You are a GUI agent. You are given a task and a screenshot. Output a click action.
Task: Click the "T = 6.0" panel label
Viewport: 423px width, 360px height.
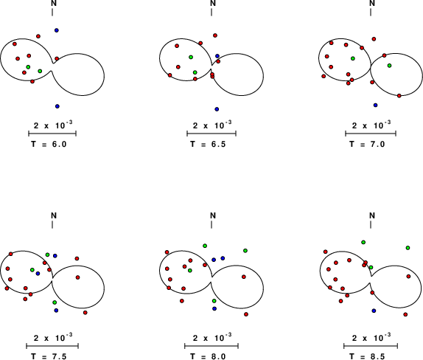pos(49,144)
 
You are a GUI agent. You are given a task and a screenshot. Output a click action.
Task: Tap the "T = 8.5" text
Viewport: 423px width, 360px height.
pos(367,356)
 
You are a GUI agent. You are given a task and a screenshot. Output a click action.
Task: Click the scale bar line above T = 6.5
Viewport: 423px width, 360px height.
pos(212,134)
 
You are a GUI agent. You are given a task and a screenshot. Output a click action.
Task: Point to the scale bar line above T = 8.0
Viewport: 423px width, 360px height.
pos(212,346)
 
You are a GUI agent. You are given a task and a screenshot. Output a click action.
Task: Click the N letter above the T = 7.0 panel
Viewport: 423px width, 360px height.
pos(372,3)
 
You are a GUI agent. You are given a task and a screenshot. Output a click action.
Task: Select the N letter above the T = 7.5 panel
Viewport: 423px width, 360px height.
pos(54,215)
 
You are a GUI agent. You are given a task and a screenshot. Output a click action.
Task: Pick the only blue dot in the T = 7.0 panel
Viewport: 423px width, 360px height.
pos(376,105)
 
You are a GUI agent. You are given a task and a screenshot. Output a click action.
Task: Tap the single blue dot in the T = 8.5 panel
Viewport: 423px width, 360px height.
pos(374,311)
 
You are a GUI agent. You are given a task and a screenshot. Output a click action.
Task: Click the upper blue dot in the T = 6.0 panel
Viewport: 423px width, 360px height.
pos(57,30)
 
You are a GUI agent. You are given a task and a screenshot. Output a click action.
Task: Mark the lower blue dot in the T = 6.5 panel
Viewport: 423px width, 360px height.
pos(217,109)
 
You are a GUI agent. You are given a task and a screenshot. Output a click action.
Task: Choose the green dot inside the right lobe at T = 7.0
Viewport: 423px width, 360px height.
pos(389,66)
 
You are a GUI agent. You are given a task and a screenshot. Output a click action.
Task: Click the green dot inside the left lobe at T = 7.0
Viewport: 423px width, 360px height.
pos(353,58)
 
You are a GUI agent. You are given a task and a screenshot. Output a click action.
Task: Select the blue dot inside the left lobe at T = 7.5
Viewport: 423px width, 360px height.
pos(38,274)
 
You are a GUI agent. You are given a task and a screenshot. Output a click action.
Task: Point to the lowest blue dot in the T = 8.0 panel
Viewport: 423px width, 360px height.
pos(214,308)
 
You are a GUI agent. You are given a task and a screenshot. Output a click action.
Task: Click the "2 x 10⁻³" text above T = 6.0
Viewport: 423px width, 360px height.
pos(53,125)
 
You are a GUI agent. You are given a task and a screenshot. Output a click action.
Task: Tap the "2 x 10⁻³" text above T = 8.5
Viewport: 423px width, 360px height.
pos(371,338)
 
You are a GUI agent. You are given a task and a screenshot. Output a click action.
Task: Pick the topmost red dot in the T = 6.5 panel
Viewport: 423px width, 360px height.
pos(215,35)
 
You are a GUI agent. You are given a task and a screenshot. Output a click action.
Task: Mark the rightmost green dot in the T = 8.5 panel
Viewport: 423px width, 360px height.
pos(408,248)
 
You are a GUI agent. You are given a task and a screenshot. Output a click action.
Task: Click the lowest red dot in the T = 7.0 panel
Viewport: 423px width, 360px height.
pos(399,96)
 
